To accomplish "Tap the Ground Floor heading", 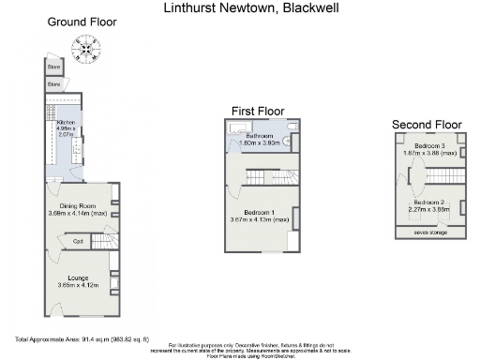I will [82, 22].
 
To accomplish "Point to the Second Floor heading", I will [427, 124].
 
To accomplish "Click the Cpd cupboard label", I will [67, 241].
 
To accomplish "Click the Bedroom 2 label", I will [427, 202].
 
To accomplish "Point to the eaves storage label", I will [428, 232].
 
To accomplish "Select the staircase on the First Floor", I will [272, 175].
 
